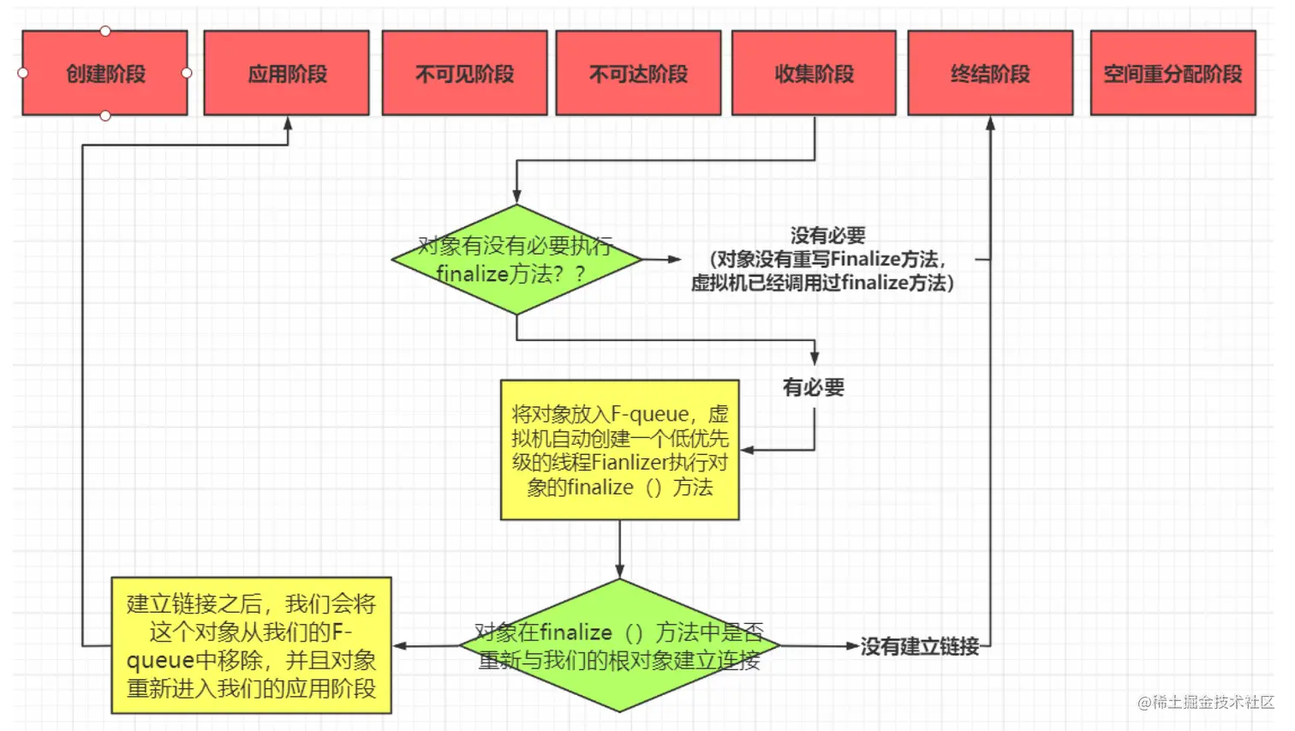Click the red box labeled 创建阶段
point(104,74)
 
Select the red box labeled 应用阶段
point(287,74)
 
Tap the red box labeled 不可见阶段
point(464,74)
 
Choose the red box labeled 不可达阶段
point(638,74)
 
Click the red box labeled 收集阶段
point(814,74)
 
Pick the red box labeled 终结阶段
point(990,74)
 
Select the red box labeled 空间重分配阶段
point(1173,74)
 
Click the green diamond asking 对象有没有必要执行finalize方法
point(516,260)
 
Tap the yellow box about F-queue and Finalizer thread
point(619,450)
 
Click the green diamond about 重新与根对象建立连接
point(619,645)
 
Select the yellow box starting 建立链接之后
point(251,645)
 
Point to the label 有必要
point(814,387)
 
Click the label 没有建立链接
point(919,646)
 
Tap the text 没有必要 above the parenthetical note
point(827,236)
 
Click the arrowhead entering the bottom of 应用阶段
point(288,124)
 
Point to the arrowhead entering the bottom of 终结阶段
point(990,124)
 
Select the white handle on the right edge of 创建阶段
point(187,73)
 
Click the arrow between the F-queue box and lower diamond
point(619,548)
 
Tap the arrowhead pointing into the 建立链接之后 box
point(400,646)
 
